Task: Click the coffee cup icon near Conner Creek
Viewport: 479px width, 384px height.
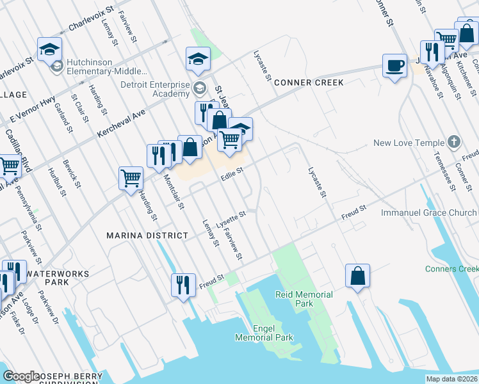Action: click(394, 65)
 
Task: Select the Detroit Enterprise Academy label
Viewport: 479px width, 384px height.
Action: click(156, 89)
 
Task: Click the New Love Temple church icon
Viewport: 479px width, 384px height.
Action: click(453, 142)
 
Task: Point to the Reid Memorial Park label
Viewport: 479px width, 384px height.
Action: click(304, 299)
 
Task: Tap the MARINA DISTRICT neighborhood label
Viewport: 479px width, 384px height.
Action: click(147, 236)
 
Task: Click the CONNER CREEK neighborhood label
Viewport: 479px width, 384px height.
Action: click(308, 83)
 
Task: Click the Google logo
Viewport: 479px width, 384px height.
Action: click(21, 376)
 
